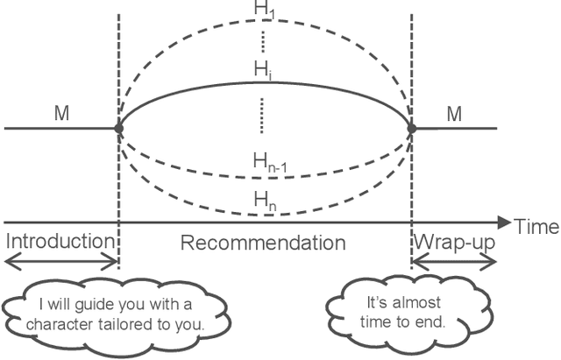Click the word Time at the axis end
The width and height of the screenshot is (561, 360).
536,226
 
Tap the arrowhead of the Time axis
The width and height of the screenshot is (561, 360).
504,222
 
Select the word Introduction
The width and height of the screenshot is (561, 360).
59,242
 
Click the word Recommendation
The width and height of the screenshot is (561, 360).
263,242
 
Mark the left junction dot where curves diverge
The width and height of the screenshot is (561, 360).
118,128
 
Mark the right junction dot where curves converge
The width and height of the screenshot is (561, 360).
412,128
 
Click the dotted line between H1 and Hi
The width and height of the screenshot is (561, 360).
263,40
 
